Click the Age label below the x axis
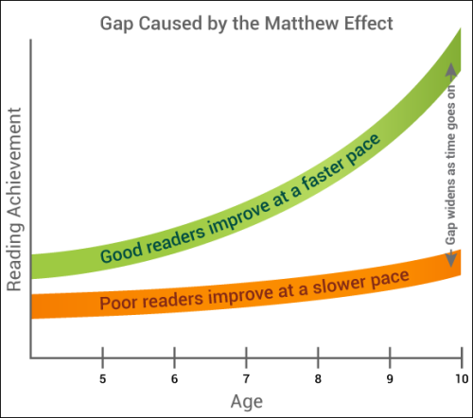(x=246, y=401)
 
